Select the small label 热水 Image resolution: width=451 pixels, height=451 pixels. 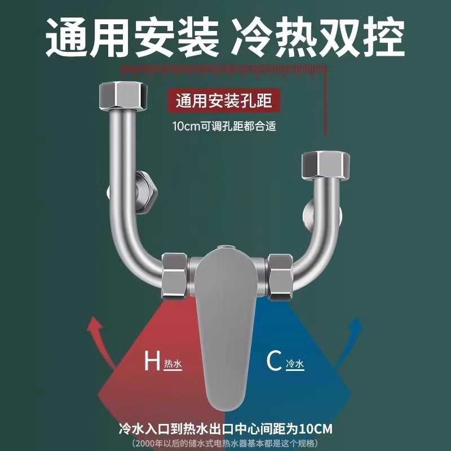(x=173, y=364)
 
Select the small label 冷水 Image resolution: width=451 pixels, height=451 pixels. (x=295, y=364)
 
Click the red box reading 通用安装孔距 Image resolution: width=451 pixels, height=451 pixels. (x=224, y=101)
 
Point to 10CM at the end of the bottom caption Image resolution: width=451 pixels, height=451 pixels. (x=317, y=429)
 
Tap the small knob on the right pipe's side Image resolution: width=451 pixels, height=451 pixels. (x=307, y=215)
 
